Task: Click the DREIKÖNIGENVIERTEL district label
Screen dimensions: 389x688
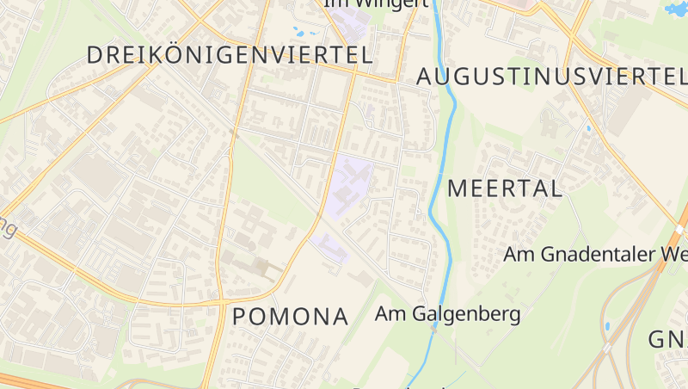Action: click(230, 55)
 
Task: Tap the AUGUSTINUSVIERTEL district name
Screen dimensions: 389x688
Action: click(550, 76)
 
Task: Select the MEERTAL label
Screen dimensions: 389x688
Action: click(505, 188)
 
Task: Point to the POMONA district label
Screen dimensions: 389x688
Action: click(291, 317)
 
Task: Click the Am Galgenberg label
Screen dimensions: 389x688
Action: click(447, 313)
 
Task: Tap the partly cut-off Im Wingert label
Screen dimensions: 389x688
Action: click(377, 3)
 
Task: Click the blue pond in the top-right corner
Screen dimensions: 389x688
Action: click(675, 9)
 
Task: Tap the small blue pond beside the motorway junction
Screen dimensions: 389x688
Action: click(606, 327)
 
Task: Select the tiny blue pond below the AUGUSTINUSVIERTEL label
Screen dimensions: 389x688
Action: click(589, 129)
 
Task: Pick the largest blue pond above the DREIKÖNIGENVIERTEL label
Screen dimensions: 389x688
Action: click(300, 33)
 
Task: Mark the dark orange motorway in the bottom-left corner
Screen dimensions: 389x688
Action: click(34, 380)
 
